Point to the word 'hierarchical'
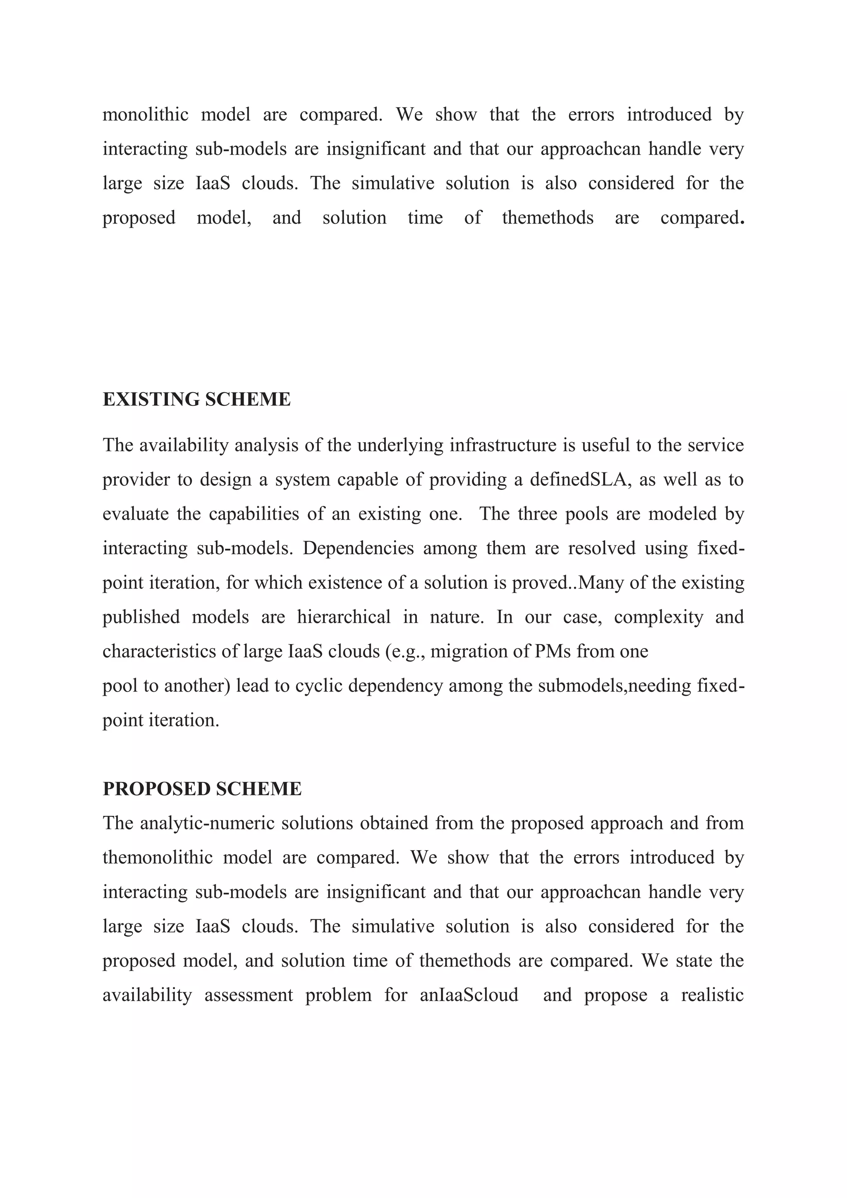[344, 617]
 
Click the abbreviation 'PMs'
[553, 652]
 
